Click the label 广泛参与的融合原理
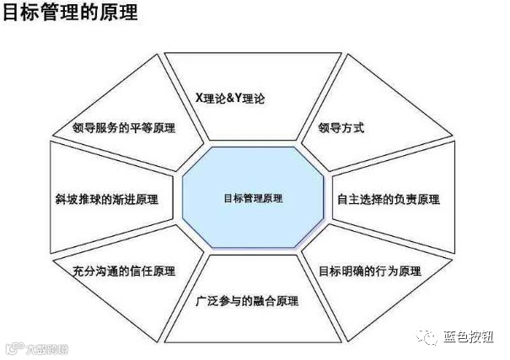246,300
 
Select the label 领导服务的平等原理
124,129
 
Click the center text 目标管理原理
254,199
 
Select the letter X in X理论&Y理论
199,99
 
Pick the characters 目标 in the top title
20,15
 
